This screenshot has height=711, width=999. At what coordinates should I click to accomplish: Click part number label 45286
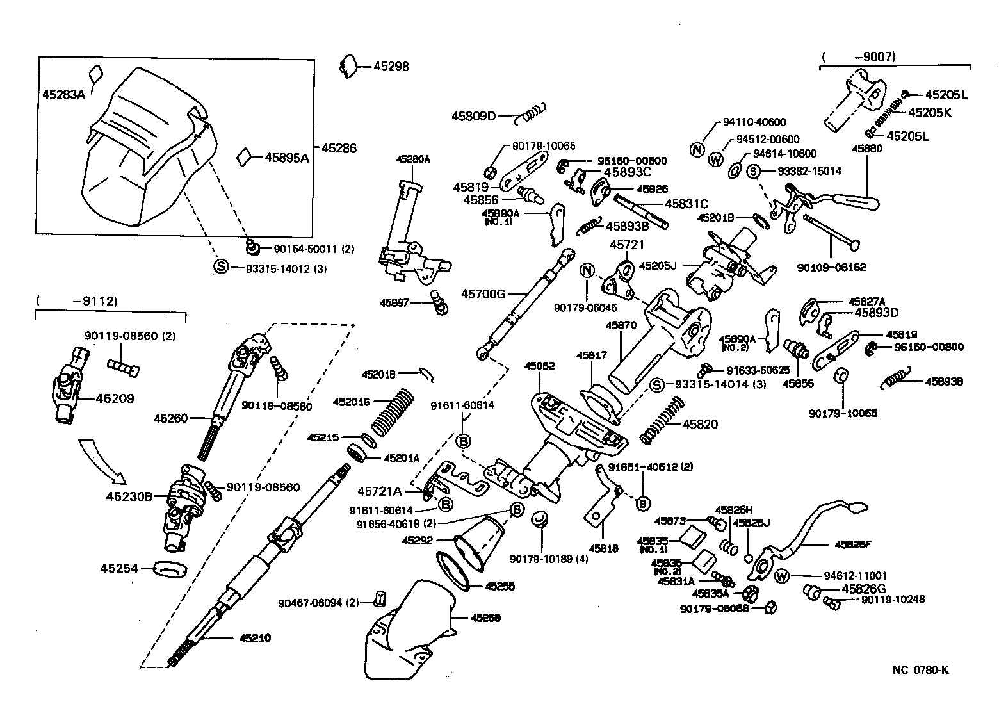coord(339,148)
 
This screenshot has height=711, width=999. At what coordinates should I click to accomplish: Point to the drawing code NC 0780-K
coord(920,670)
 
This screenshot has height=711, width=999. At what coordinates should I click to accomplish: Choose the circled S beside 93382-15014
coord(753,171)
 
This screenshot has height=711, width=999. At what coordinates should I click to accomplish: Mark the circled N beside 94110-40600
coord(698,150)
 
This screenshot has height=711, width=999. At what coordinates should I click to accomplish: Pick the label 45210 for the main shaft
coord(256,638)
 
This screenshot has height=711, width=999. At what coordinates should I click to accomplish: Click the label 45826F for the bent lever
coord(853,545)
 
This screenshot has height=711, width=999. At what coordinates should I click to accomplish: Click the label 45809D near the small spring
coord(474,116)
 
